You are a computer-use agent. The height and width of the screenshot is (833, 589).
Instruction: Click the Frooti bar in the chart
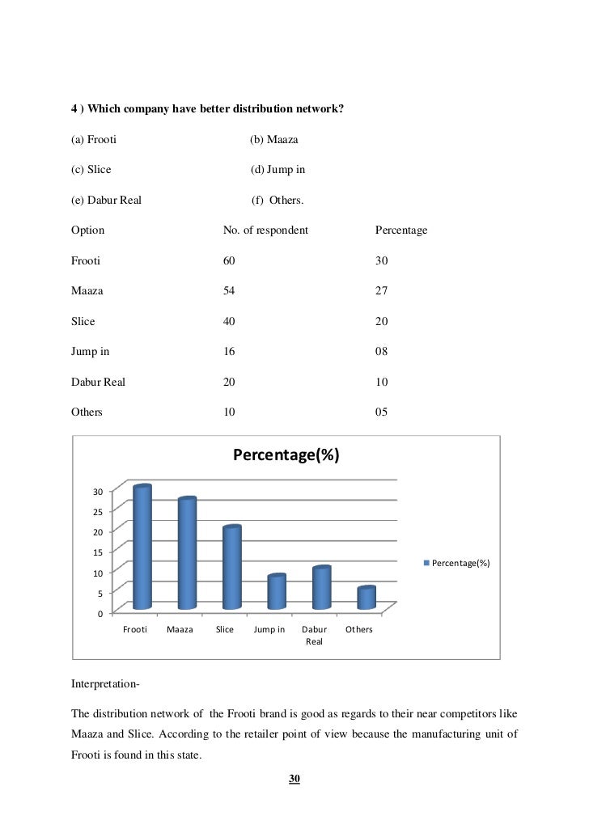point(142,548)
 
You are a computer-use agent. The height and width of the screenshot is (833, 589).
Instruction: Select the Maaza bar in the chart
point(187,554)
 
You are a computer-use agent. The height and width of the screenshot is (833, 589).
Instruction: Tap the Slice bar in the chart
point(232,568)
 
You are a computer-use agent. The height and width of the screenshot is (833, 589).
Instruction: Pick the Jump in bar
point(277,592)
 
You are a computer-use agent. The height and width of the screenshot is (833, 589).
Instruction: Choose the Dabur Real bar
point(321,588)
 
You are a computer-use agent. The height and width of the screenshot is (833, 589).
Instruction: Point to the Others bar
point(367,598)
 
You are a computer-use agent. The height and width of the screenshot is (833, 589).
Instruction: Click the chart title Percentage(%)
point(286,456)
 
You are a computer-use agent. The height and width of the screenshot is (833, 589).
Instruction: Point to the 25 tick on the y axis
point(97,512)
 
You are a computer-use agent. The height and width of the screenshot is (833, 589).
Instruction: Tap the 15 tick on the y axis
point(97,552)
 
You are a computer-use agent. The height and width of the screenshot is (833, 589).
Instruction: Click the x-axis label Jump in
point(269,629)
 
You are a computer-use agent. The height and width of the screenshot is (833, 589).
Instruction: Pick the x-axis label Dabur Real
point(314,635)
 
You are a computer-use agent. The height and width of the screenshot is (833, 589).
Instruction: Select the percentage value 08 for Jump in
point(382,352)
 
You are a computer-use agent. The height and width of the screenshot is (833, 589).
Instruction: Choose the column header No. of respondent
point(265,230)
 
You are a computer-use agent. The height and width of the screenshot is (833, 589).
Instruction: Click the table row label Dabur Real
point(98,382)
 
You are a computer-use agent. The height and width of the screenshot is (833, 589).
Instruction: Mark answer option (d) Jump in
point(278,171)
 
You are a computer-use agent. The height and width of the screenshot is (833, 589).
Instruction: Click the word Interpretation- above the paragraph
point(105,687)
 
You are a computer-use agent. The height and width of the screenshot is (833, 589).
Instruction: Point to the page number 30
point(294,779)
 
